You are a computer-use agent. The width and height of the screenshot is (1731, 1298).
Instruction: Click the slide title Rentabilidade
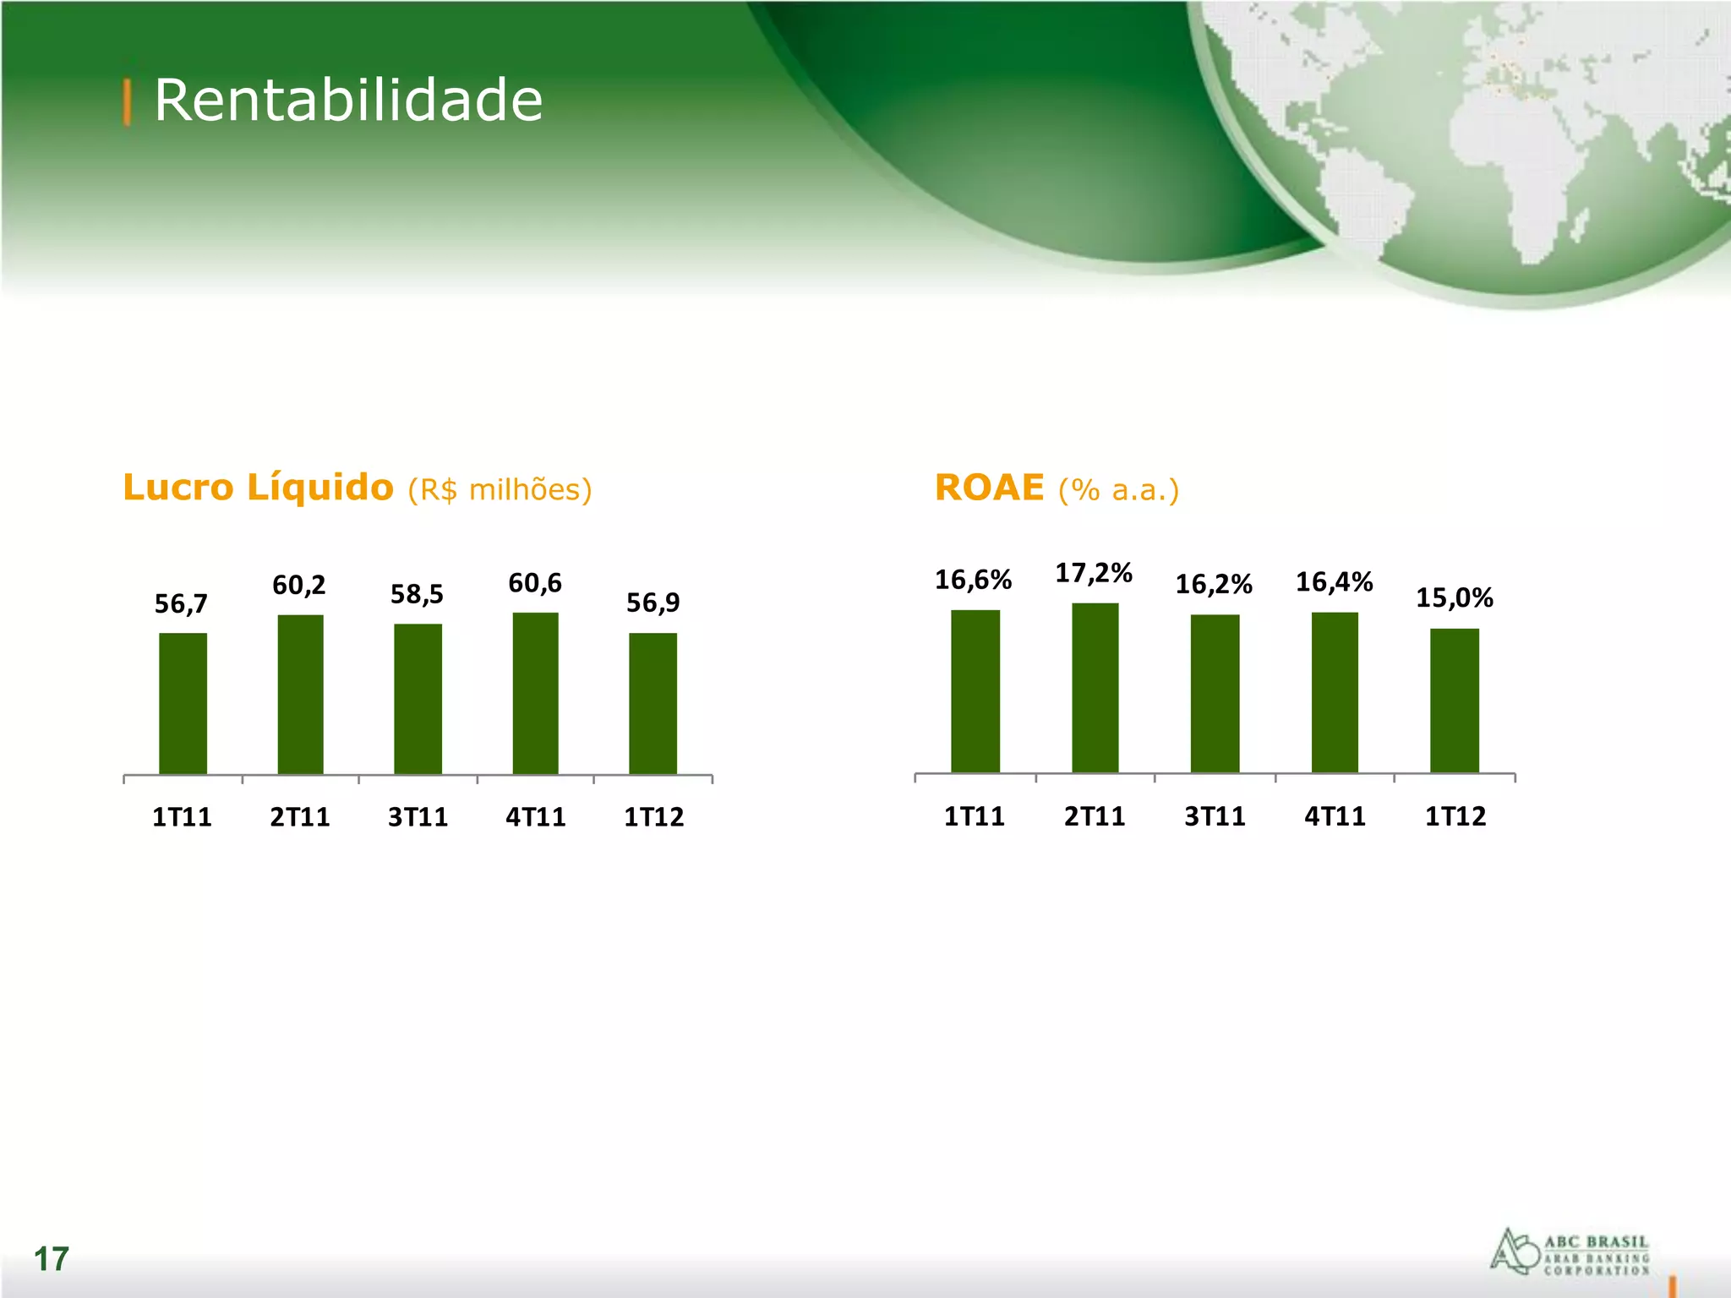(347, 101)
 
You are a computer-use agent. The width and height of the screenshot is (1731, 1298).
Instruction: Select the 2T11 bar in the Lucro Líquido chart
(300, 694)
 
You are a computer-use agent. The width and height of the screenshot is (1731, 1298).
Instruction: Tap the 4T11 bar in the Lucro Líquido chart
(535, 693)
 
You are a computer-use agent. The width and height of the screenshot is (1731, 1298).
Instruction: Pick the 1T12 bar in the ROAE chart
(1454, 700)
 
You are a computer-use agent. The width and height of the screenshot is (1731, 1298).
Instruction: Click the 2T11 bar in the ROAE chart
(1095, 687)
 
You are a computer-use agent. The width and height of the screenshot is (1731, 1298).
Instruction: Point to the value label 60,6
(534, 583)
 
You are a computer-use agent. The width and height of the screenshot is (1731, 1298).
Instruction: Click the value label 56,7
(181, 603)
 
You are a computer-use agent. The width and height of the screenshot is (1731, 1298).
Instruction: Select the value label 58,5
(417, 594)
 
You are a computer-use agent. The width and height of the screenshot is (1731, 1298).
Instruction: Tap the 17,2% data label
(1093, 573)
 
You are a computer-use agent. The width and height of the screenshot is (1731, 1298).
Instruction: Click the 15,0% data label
(1454, 597)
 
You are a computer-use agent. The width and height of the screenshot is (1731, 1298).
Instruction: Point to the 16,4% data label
(1334, 581)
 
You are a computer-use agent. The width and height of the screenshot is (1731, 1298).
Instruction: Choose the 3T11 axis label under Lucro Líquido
(418, 817)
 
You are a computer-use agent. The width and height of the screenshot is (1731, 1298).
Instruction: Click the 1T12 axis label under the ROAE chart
(1455, 816)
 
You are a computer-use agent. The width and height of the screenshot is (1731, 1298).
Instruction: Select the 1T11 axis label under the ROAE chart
(974, 816)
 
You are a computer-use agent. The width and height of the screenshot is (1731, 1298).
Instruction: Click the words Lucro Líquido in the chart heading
(258, 488)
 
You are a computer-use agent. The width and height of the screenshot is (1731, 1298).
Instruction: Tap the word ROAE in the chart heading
(989, 488)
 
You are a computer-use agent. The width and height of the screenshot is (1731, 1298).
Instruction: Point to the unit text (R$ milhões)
(500, 490)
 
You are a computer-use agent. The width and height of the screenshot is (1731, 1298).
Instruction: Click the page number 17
(51, 1259)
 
